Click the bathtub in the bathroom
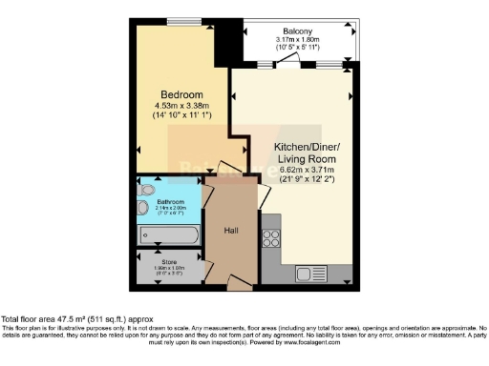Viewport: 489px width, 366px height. coord(170,234)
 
